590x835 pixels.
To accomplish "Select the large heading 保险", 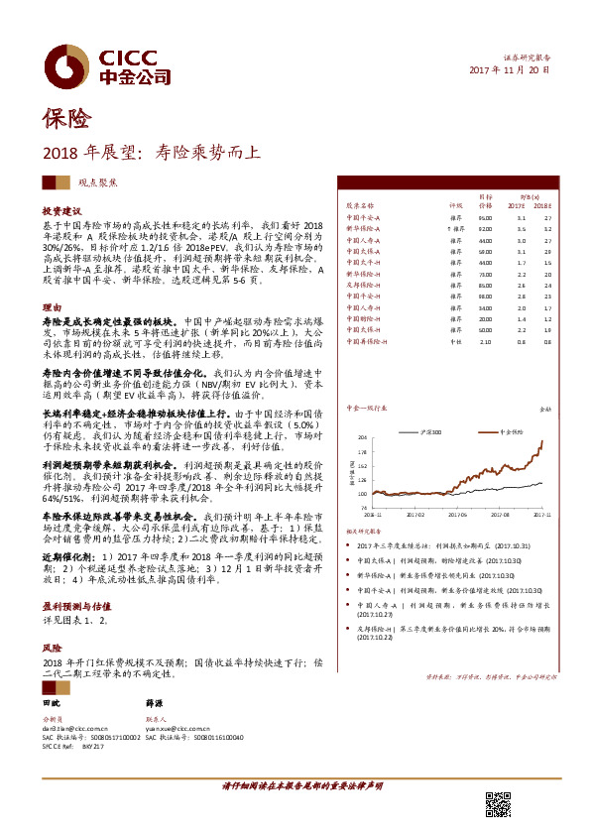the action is click(x=66, y=120).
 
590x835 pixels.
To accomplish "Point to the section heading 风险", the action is click(x=51, y=646).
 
